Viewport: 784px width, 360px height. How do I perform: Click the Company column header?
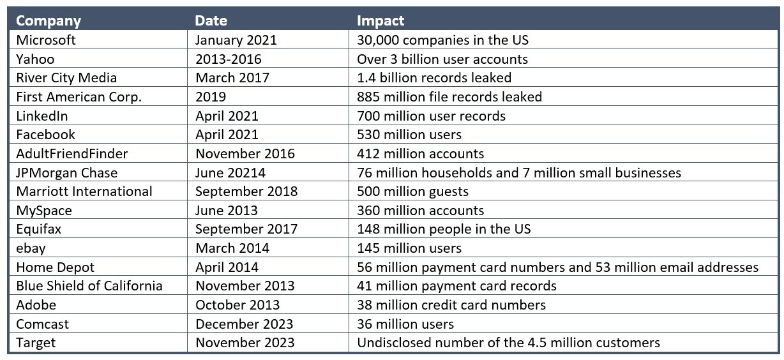[49, 20]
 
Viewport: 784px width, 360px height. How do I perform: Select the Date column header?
[211, 20]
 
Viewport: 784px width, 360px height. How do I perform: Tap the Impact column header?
[381, 20]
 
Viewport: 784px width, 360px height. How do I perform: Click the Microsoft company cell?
[46, 40]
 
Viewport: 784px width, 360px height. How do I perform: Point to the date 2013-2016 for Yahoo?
[229, 59]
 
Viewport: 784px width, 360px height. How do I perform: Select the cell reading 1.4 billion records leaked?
[434, 78]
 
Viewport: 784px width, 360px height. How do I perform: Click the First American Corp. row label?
[79, 97]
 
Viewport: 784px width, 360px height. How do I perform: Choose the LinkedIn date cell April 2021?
[227, 116]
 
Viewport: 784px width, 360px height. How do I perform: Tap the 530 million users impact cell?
[409, 135]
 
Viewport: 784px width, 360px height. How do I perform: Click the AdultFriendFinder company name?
[72, 154]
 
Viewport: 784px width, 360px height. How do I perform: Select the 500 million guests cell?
[412, 191]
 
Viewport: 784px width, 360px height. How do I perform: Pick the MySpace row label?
[44, 210]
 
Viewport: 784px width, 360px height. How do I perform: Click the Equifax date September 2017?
[246, 229]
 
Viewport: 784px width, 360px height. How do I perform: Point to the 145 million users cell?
[409, 248]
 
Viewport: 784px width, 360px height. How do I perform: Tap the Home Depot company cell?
[56, 267]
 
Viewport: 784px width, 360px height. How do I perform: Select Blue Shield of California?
[89, 285]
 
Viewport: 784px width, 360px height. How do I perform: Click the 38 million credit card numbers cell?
[451, 304]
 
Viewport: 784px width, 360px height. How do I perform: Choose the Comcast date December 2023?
[245, 324]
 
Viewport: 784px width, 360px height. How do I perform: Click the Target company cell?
[36, 343]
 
